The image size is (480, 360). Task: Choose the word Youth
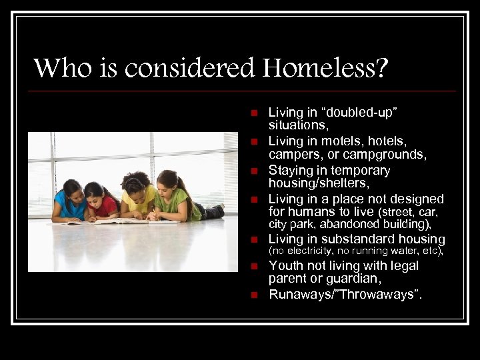coord(286,266)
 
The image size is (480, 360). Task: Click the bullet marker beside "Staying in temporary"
coord(254,171)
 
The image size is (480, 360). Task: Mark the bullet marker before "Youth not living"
coord(254,267)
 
